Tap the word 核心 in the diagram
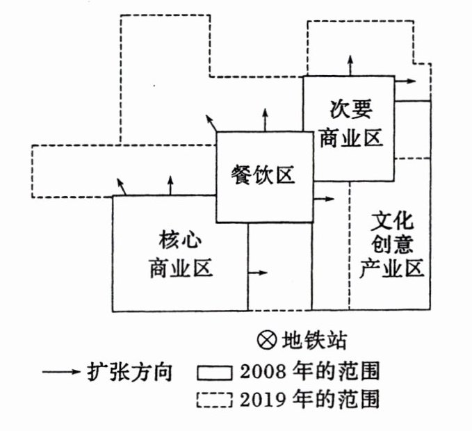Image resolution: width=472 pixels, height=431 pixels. click(x=180, y=241)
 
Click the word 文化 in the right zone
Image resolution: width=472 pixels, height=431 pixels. click(x=391, y=222)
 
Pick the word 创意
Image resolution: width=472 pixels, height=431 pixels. click(x=391, y=245)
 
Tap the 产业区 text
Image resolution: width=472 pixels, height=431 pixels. click(x=391, y=269)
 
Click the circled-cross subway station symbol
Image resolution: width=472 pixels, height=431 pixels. click(x=268, y=341)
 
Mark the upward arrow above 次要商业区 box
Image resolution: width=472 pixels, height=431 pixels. click(x=350, y=65)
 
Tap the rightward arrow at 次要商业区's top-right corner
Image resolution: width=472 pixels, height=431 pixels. click(x=406, y=81)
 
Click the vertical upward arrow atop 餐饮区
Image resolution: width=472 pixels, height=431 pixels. click(x=264, y=118)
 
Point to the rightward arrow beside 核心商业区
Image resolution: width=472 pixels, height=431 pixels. click(x=258, y=271)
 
